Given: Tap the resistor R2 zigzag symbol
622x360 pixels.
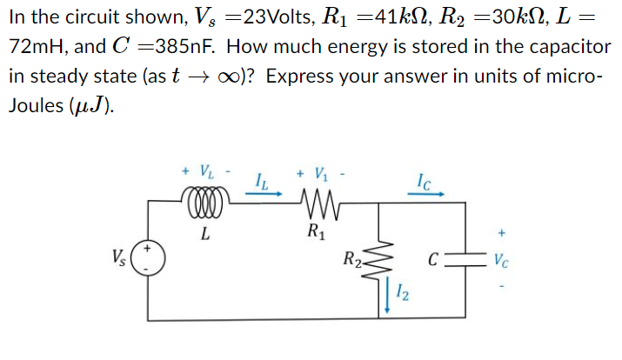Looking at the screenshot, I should [376, 258].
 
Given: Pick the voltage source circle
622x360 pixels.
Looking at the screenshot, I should [149, 259].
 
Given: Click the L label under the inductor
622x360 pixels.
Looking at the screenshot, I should [204, 232].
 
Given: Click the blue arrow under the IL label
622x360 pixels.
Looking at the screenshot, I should [263, 195].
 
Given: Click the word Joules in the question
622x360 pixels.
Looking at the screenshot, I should [34, 105].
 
